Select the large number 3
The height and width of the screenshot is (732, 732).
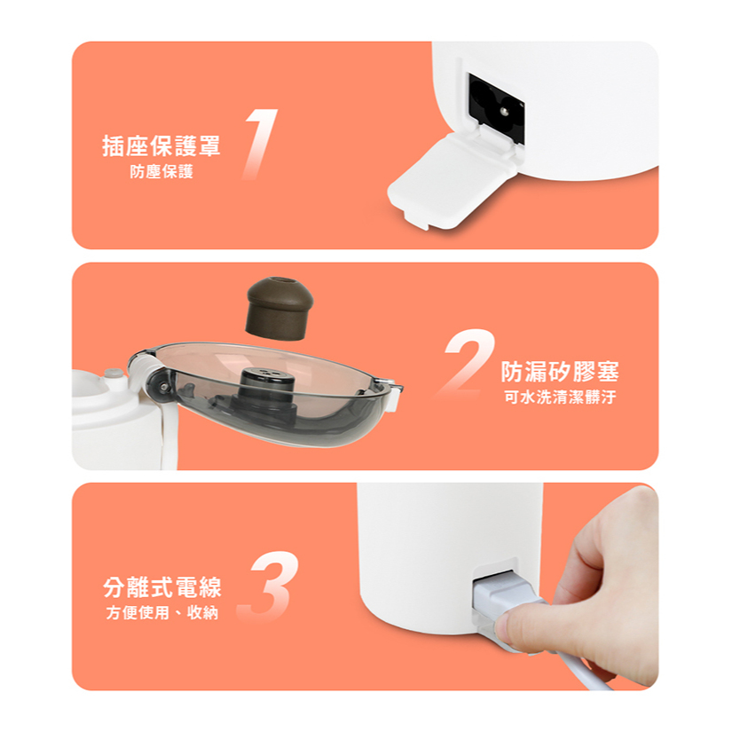coord(270,586)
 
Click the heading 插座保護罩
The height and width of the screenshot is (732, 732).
coord(161,146)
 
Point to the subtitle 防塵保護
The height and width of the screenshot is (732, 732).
coord(161,172)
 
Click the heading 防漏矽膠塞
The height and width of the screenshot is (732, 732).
coord(560,372)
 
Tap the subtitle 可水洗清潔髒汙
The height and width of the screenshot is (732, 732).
coord(560,397)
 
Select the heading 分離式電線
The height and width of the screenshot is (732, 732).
coord(162,587)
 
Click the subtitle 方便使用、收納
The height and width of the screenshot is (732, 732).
coord(162,612)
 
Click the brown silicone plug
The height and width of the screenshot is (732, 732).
coord(279,308)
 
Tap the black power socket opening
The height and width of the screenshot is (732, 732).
coord(497,109)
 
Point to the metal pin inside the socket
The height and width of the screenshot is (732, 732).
coord(503,111)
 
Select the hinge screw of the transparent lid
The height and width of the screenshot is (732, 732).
coord(163,386)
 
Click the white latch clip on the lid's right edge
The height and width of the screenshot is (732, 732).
coord(395,396)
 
